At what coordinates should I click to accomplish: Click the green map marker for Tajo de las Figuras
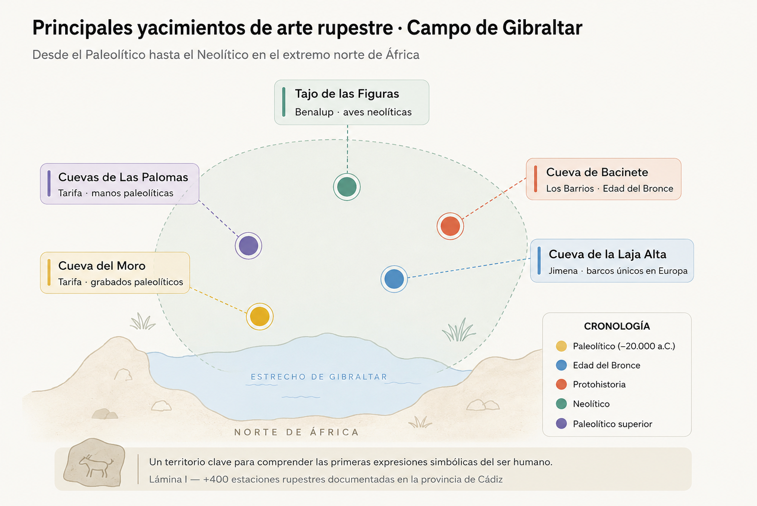347,187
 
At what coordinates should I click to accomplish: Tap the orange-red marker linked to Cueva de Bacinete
450,226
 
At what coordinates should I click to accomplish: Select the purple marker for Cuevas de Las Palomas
248,246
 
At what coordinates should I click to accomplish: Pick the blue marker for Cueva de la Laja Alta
394,279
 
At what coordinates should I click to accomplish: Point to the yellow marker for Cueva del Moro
260,316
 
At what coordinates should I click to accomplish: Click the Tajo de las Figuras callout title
347,94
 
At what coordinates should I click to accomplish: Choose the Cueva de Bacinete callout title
597,172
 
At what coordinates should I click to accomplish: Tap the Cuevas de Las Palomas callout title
123,177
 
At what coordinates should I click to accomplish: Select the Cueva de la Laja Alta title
607,254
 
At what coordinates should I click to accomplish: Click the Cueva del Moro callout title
102,266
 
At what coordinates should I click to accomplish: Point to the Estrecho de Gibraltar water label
319,377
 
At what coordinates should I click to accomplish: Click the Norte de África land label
296,432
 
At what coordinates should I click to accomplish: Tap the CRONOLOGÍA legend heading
617,326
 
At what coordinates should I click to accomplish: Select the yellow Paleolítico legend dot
561,346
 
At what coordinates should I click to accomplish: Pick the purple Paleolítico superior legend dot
561,424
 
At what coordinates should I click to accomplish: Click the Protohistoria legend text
599,385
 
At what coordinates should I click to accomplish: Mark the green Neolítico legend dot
561,404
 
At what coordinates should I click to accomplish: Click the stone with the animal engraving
94,463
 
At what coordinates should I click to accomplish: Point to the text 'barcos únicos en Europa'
637,271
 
